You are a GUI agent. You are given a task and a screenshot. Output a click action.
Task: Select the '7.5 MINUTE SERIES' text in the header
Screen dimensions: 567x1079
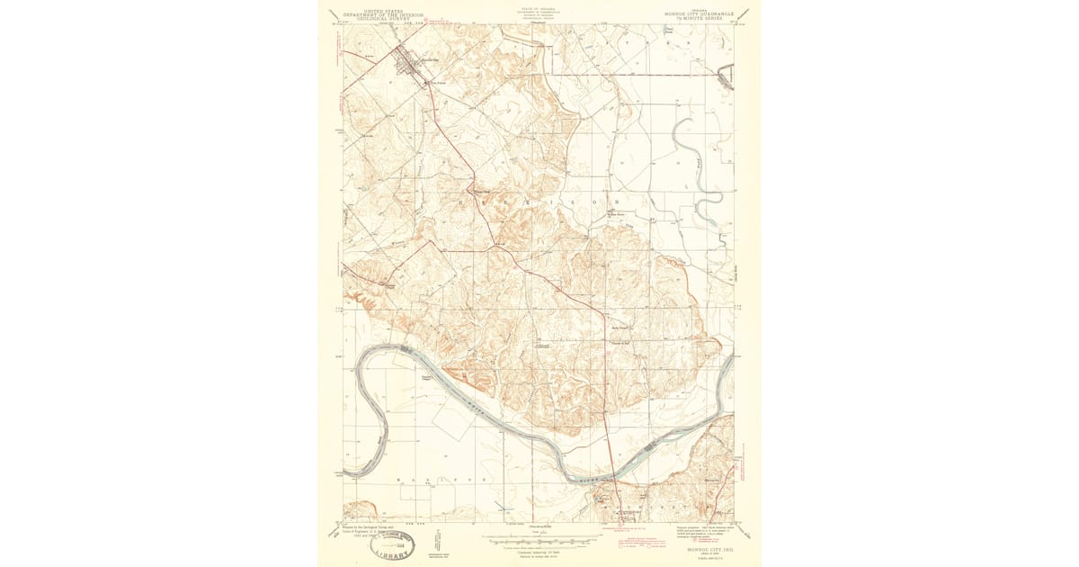(x=700, y=20)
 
